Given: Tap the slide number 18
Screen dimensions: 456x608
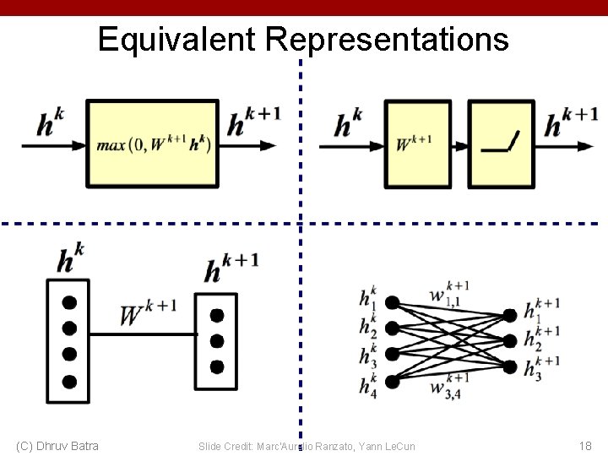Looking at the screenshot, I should click(x=585, y=445).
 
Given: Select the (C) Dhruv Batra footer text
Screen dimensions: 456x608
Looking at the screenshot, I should click(x=57, y=445).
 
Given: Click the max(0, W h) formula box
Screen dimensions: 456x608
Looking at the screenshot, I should click(x=153, y=143).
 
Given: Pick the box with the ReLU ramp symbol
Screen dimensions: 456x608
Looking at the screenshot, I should click(x=501, y=143).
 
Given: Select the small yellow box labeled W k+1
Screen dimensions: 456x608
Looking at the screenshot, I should click(x=418, y=143).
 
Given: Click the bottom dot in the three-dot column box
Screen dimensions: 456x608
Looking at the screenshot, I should click(x=217, y=366).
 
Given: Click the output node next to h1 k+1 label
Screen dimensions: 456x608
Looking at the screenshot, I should click(x=509, y=314).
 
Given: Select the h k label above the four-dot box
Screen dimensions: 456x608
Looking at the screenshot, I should click(x=71, y=258).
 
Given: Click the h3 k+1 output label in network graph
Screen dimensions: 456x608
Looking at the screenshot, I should click(x=541, y=368).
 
